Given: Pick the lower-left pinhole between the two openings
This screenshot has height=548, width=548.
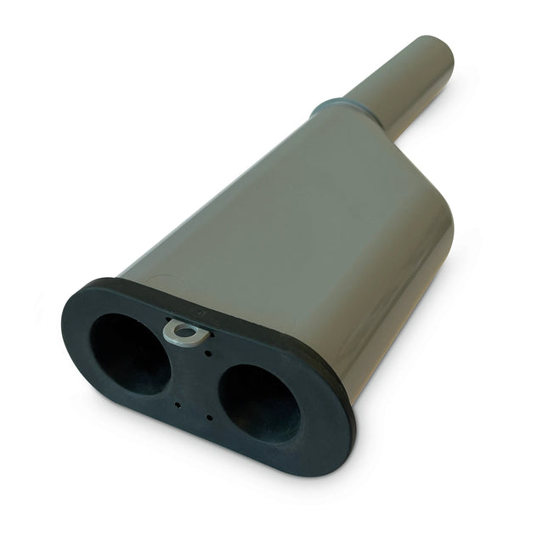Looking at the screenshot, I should click(x=177, y=404).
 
